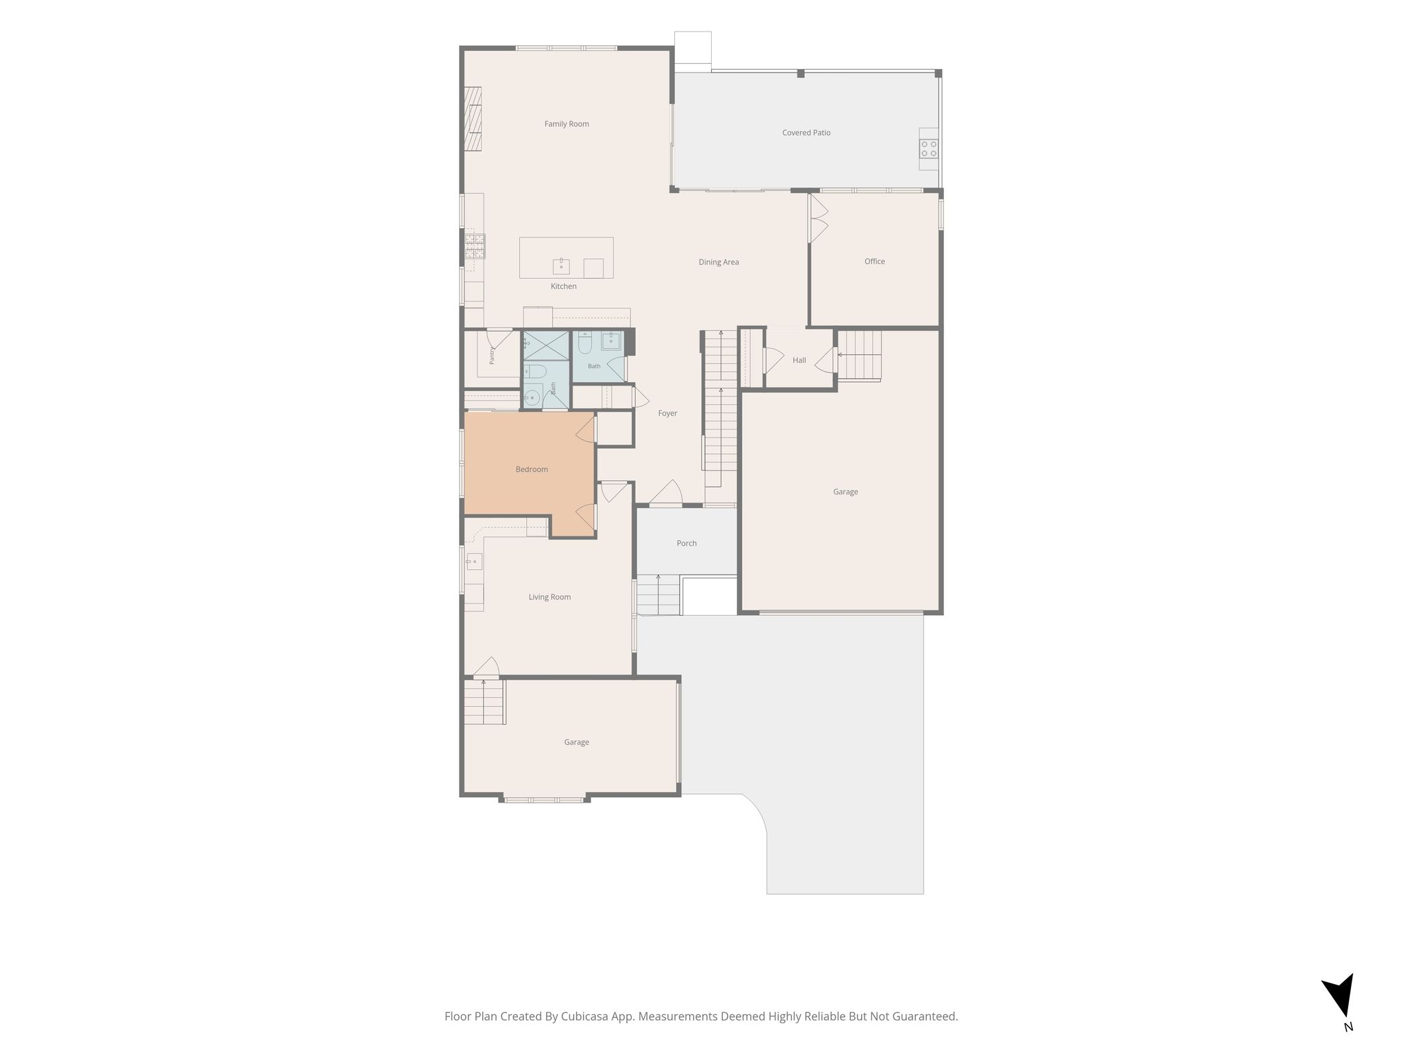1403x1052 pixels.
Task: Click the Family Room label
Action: [567, 124]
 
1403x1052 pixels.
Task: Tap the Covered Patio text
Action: [806, 133]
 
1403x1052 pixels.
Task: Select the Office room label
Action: [875, 261]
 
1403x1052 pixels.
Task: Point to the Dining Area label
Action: [719, 262]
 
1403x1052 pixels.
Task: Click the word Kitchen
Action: [564, 286]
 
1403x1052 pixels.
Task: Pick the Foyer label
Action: [668, 414]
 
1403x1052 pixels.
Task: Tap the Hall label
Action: [799, 360]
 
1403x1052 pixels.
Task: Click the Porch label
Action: [686, 543]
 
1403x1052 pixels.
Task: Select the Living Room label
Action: [549, 597]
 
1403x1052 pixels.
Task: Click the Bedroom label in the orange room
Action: [532, 469]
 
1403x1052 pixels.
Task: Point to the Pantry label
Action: [492, 355]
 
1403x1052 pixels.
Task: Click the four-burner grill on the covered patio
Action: [929, 149]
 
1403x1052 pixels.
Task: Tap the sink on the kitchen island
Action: [561, 266]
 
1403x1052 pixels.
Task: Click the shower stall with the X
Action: [546, 345]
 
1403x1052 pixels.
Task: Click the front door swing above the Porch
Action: [665, 493]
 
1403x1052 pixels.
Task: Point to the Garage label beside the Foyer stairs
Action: [845, 492]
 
